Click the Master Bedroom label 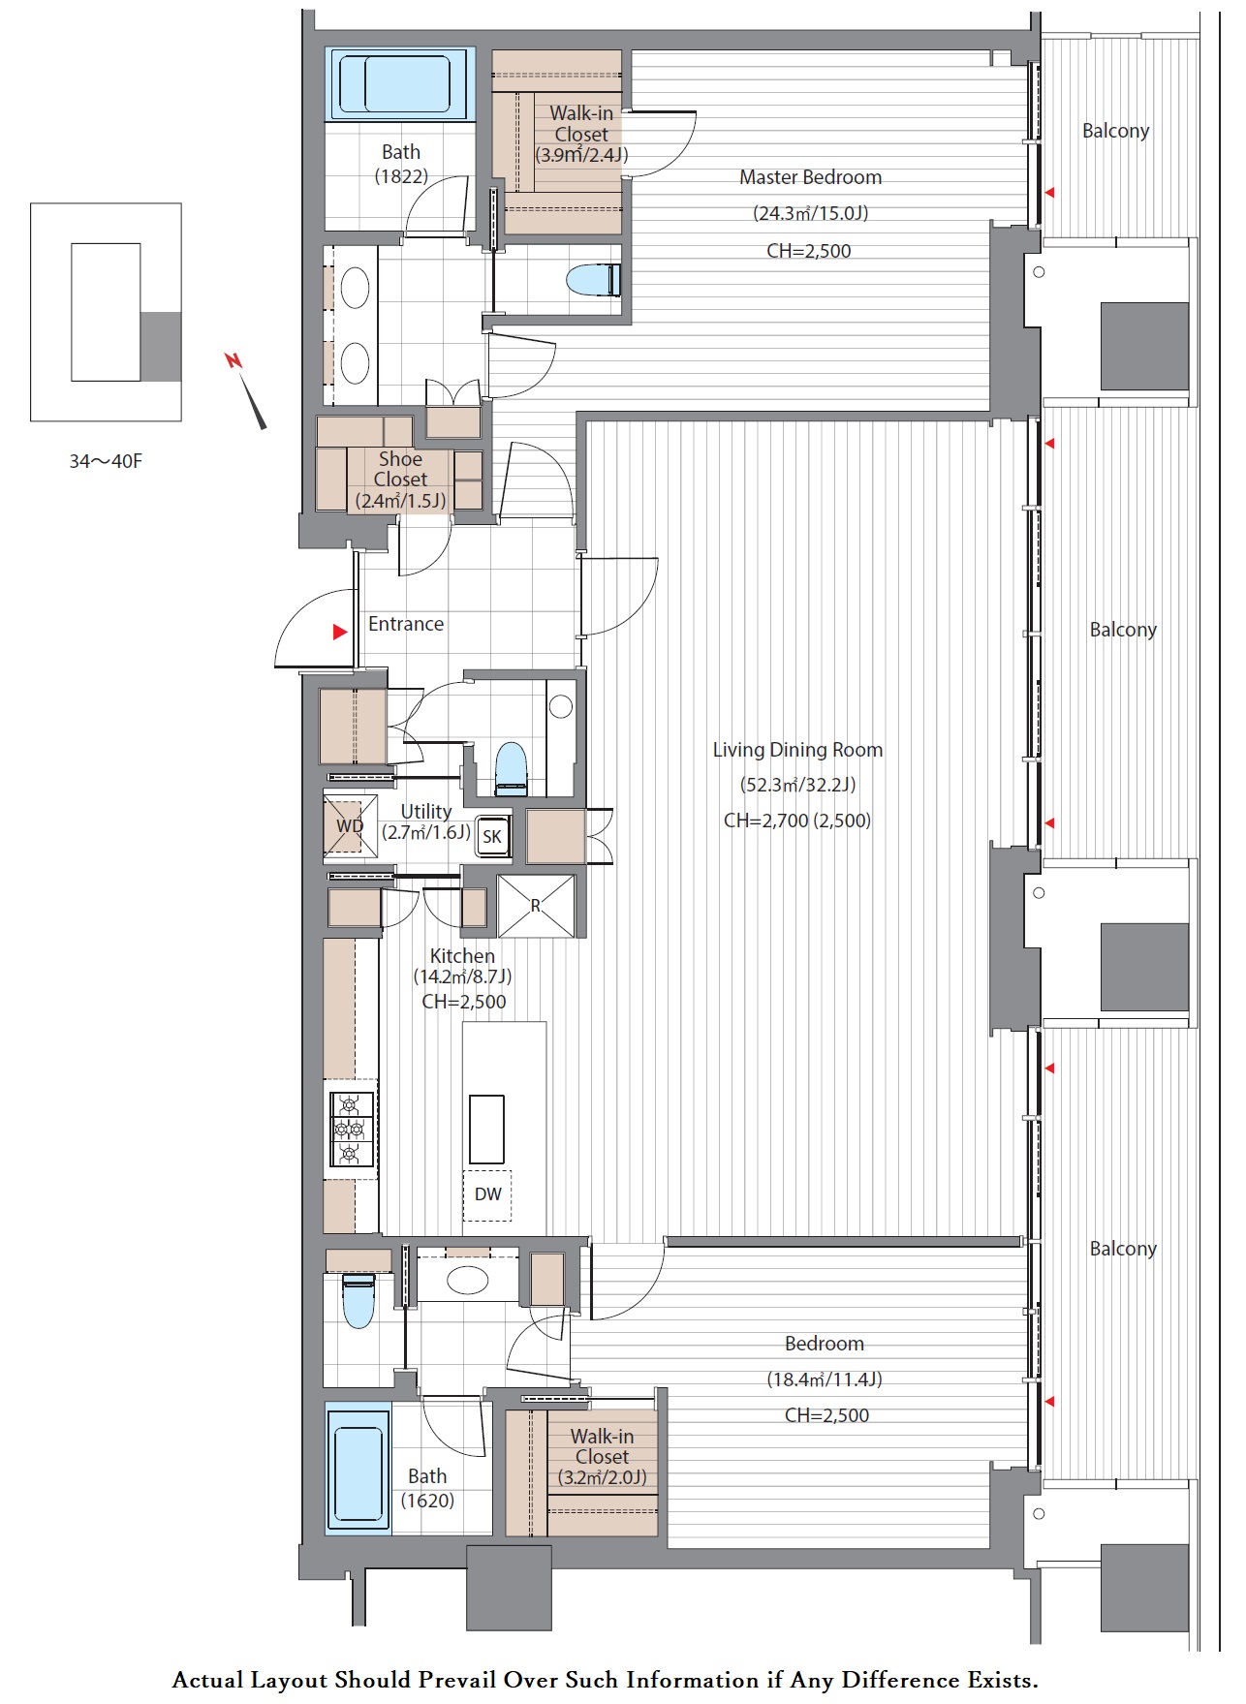[x=810, y=177]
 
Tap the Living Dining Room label [x=797, y=750]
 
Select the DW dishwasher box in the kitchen [x=487, y=1194]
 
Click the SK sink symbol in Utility [x=492, y=836]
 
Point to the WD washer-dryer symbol [x=350, y=825]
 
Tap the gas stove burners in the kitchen [x=352, y=1129]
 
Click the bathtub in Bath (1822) [x=400, y=84]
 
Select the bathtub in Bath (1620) [x=358, y=1468]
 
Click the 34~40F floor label [x=106, y=461]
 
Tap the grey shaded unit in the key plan [x=161, y=347]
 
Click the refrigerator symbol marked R [x=536, y=906]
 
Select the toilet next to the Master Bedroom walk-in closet [x=593, y=280]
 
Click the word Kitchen [x=462, y=956]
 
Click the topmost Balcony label [x=1115, y=131]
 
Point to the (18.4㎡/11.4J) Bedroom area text [x=825, y=1379]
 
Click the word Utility [x=426, y=812]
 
